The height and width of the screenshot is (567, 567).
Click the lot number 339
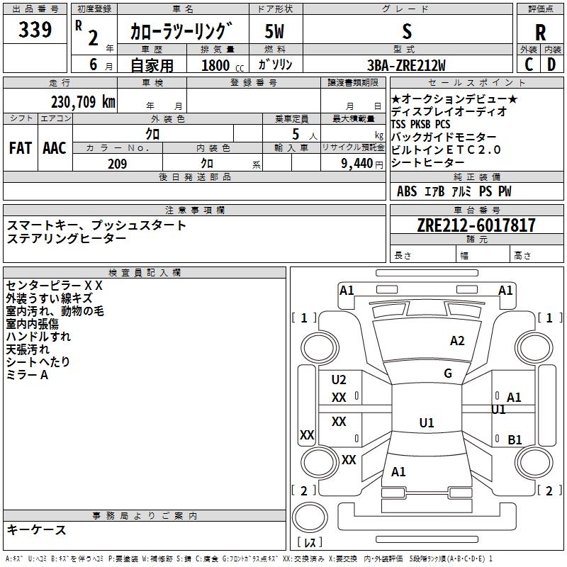[x=35, y=30]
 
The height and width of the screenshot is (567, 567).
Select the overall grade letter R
[x=540, y=33]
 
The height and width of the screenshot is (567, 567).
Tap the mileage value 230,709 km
[x=83, y=102]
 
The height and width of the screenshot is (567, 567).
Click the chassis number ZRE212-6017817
[x=476, y=225]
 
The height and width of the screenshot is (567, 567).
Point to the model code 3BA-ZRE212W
[x=406, y=65]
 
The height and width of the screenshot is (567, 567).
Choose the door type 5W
[x=274, y=31]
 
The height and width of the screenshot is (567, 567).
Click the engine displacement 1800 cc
[x=223, y=65]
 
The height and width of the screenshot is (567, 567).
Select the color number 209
[x=117, y=164]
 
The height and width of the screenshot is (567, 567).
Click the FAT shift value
[x=21, y=148]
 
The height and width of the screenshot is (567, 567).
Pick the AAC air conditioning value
[x=55, y=148]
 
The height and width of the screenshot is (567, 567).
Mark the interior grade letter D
[x=551, y=64]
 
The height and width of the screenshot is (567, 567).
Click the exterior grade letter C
[x=529, y=64]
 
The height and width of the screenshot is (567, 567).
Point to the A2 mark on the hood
[x=457, y=341]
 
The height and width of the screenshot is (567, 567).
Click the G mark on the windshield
[x=448, y=374]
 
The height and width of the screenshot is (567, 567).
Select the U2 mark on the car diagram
[x=339, y=380]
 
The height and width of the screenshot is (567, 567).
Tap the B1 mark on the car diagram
[x=515, y=439]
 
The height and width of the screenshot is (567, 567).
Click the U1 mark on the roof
[x=427, y=422]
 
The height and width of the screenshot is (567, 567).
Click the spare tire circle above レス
[x=310, y=517]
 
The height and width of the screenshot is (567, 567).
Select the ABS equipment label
[x=407, y=191]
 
